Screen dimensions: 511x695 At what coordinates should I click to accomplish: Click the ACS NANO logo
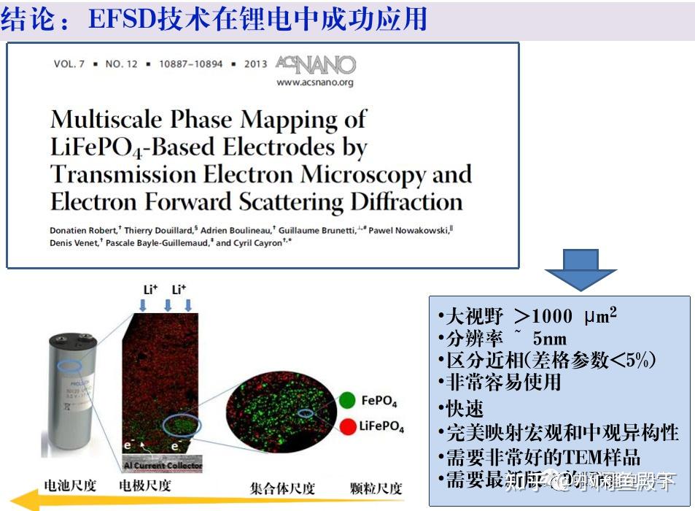pos(316,65)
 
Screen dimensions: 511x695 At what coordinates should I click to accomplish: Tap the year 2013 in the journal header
pos(255,64)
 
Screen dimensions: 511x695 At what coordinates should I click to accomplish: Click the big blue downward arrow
pos(581,269)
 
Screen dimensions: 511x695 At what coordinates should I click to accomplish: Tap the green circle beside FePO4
pos(348,400)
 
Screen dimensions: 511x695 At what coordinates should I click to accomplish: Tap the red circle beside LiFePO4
pos(348,426)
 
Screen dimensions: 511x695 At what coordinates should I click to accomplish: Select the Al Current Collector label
pos(162,465)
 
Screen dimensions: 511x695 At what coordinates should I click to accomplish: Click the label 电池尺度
pos(70,486)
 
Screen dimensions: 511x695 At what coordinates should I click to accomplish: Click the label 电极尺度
pos(145,486)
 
